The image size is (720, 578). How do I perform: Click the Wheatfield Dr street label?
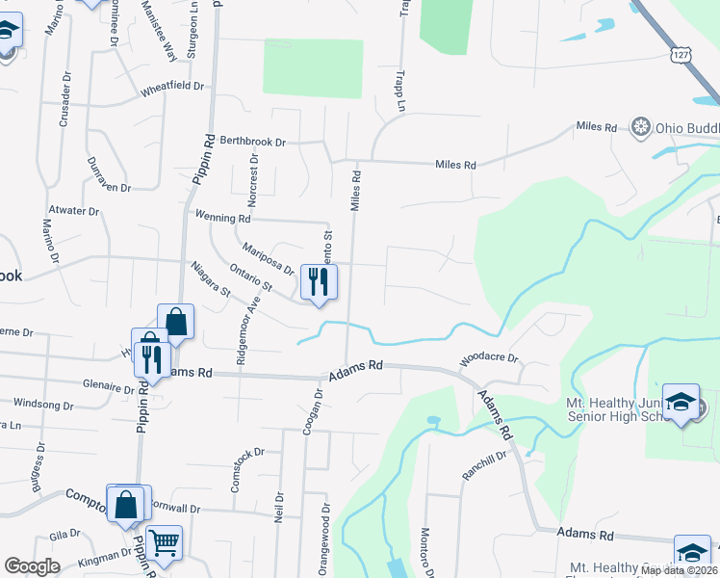click(x=172, y=87)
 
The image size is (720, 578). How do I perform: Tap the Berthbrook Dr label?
click(x=253, y=142)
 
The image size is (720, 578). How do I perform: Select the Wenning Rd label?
click(x=223, y=216)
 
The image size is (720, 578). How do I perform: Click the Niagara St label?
click(x=211, y=278)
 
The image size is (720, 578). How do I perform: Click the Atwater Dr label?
click(x=73, y=210)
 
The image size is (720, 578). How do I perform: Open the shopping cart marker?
click(x=165, y=543)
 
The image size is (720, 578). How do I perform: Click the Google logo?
click(x=32, y=566)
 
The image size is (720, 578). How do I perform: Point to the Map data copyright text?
click(x=680, y=570)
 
